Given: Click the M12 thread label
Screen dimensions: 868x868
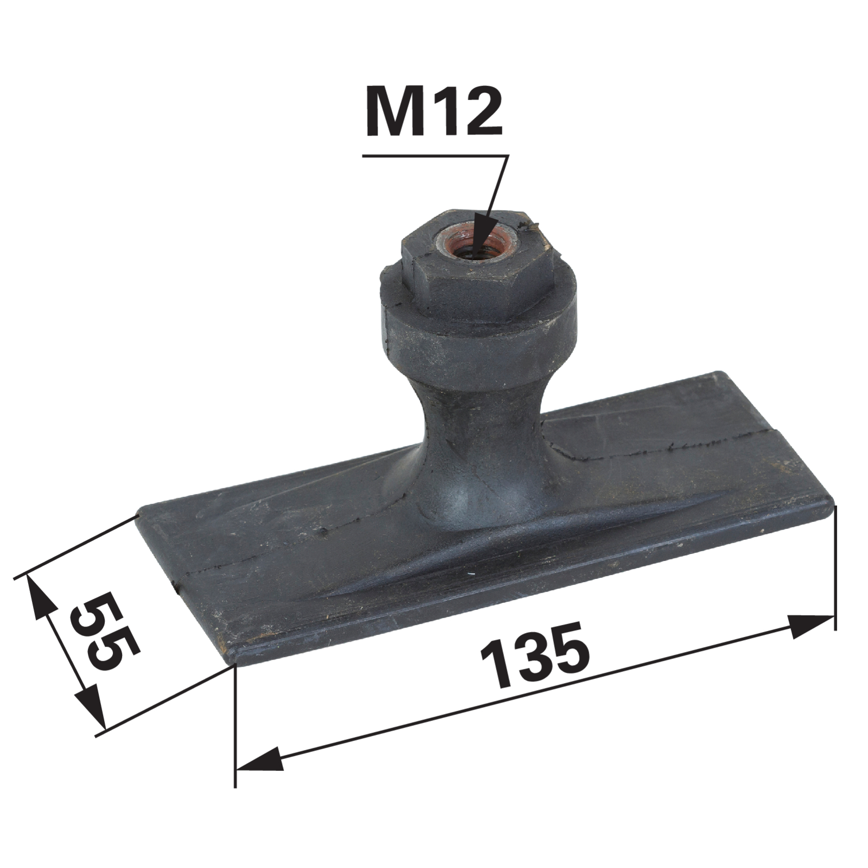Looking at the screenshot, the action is click(433, 111).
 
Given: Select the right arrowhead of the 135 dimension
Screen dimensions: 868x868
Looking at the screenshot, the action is click(810, 626).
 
